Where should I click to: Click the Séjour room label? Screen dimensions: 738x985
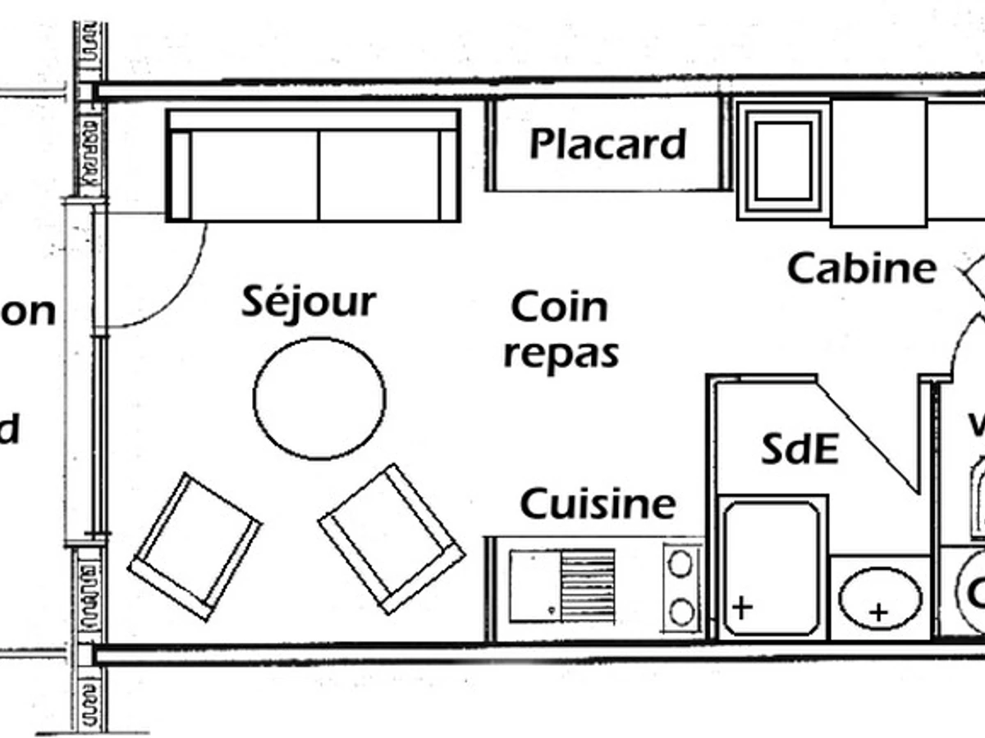point(309,303)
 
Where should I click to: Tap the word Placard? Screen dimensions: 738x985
point(607,144)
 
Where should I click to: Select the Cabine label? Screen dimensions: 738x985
point(861,267)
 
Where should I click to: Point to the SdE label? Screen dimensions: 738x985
point(799,449)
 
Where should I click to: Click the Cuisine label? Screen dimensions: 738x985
point(598,503)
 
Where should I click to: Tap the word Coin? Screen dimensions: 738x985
point(559,307)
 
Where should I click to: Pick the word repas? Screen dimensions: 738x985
point(561,354)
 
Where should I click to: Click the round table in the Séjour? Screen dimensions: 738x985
point(319,398)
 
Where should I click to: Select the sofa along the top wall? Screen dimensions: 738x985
point(314,166)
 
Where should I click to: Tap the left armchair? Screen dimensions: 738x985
point(195,545)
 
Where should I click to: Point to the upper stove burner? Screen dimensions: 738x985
point(680,563)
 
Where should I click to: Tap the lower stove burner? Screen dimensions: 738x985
point(680,612)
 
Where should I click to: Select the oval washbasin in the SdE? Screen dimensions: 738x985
point(879,598)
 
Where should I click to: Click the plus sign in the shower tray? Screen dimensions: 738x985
point(742,608)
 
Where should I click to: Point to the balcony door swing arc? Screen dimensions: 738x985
point(181,287)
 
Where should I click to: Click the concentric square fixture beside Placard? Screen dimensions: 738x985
point(782,161)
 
